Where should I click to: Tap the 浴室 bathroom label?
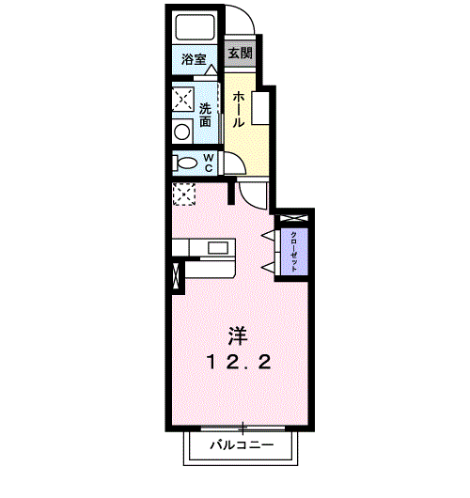[x=195, y=59]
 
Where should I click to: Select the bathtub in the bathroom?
[x=196, y=28]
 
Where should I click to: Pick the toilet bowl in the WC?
[x=182, y=163]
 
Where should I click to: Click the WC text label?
[x=210, y=163]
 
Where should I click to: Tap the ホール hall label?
[x=239, y=109]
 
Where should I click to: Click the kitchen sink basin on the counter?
[x=217, y=248]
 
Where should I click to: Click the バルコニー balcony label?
[x=241, y=443]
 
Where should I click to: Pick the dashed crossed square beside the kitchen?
[x=182, y=194]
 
